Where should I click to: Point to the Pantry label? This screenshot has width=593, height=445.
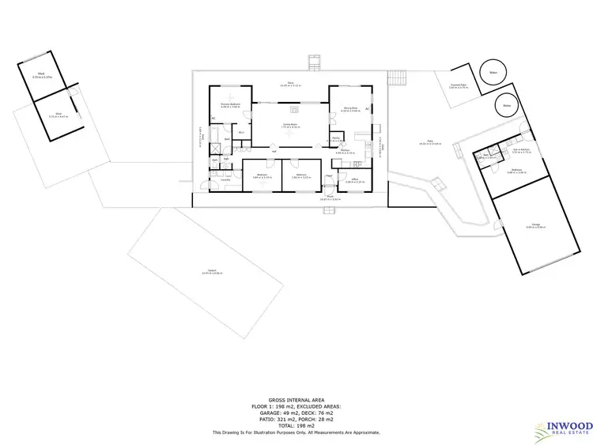pyautogui.click(x=336, y=139)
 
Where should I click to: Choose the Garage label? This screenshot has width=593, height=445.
pyautogui.click(x=535, y=226)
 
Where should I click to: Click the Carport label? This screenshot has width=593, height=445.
pyautogui.click(x=208, y=272)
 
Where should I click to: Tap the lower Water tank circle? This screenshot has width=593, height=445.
pyautogui.click(x=505, y=104)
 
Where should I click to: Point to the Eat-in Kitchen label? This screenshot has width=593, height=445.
pyautogui.click(x=520, y=150)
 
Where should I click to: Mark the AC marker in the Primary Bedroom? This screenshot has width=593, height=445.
pyautogui.click(x=213, y=119)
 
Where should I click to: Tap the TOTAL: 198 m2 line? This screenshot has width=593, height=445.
pyautogui.click(x=296, y=425)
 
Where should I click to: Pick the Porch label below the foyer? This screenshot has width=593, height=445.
pyautogui.click(x=330, y=198)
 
